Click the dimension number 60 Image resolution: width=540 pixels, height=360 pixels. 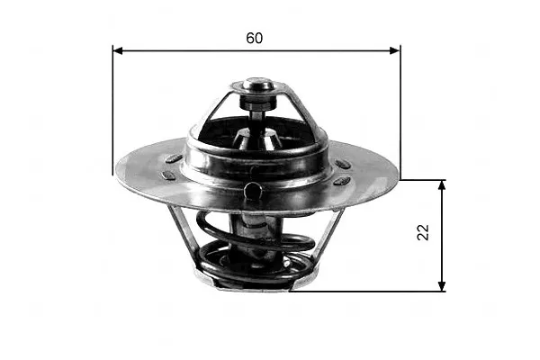[254, 38]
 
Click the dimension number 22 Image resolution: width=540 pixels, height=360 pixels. [423, 232]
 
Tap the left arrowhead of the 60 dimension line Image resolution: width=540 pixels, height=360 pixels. [118, 50]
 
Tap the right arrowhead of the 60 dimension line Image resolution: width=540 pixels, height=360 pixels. [395, 50]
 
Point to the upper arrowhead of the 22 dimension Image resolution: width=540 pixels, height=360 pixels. [442, 185]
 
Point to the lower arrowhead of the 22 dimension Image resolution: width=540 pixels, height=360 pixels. [442, 286]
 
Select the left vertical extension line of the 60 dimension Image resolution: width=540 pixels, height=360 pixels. [112, 110]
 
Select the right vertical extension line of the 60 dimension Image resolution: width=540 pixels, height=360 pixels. [400, 112]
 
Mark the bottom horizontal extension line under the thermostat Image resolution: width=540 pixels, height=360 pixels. [367, 292]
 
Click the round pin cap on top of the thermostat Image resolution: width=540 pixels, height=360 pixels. [258, 84]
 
